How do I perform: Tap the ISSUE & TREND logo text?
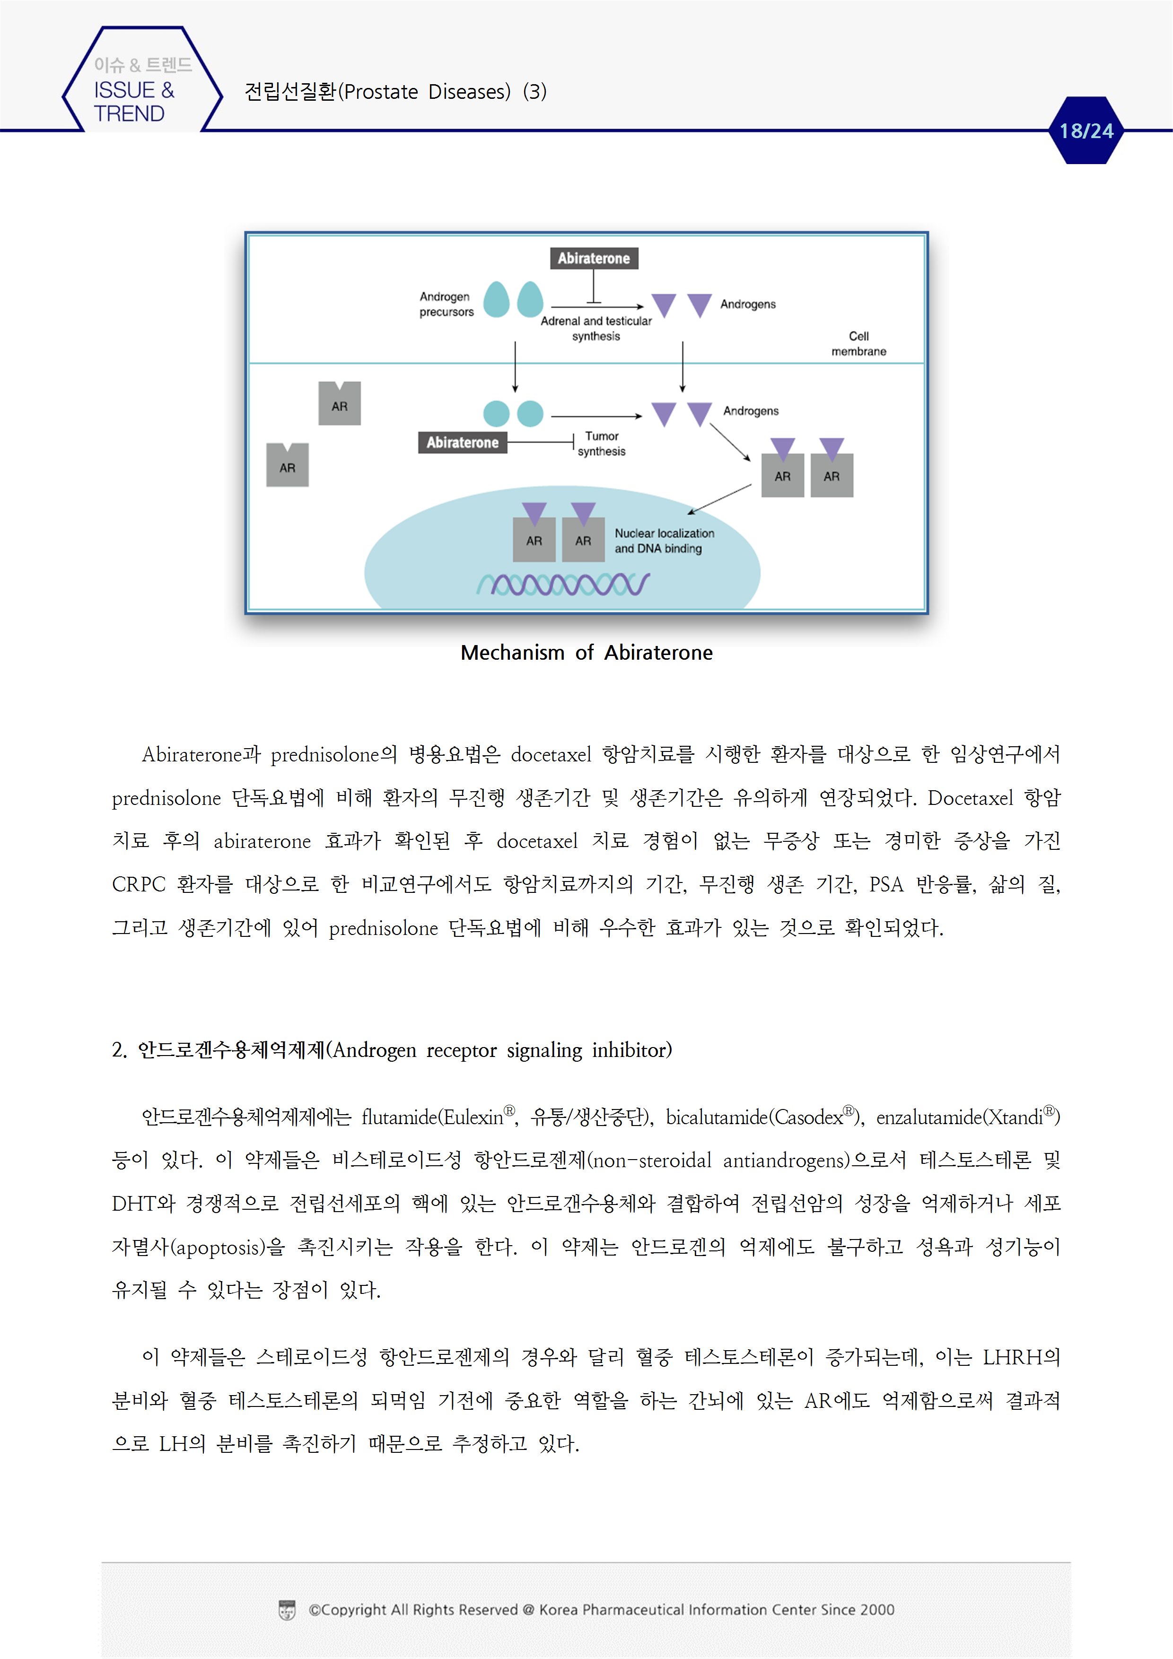[134, 101]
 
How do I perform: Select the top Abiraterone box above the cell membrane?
[594, 258]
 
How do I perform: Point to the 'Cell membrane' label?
[858, 344]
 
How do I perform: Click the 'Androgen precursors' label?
[446, 304]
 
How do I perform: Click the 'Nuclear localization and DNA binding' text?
[664, 541]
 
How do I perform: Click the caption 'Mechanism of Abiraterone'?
[586, 653]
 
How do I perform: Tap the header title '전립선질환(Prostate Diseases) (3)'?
[395, 92]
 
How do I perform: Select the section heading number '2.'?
[119, 1050]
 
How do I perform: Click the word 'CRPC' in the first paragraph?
[138, 884]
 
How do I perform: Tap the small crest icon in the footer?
[287, 1610]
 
